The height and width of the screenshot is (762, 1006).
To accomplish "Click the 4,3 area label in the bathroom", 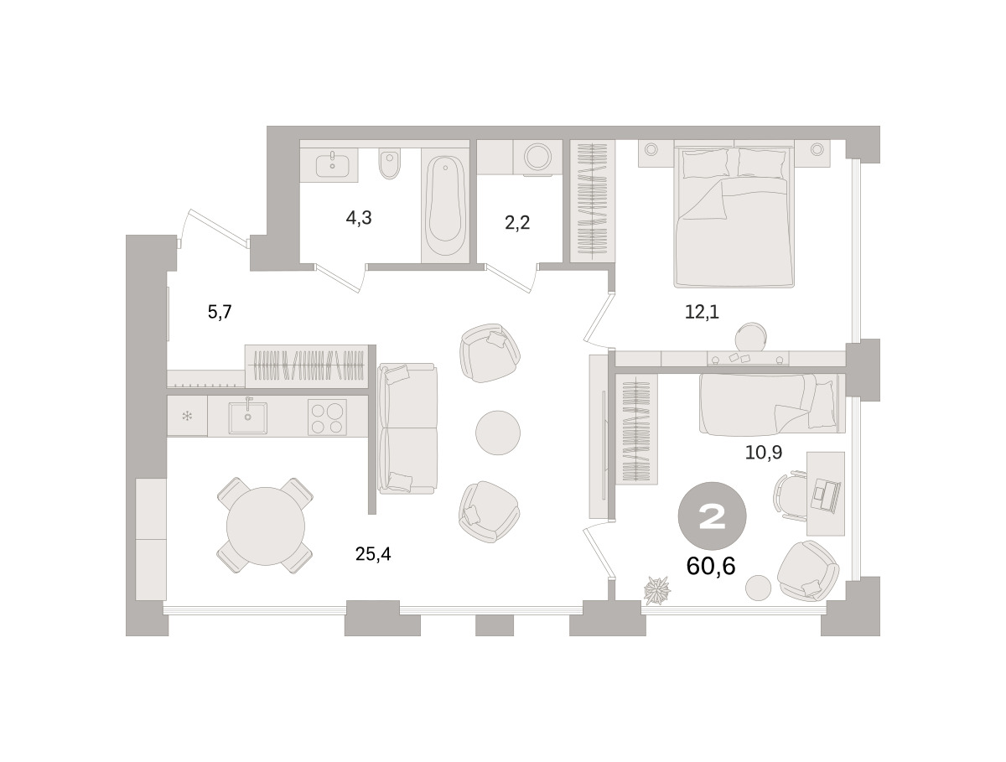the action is (x=359, y=219).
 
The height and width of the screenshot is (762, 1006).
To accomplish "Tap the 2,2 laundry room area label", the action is (x=517, y=223).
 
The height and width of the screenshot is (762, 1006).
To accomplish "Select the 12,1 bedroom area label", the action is (x=702, y=312).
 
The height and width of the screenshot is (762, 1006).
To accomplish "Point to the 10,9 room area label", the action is (x=764, y=452).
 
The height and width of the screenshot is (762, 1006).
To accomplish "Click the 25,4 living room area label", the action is (x=373, y=554).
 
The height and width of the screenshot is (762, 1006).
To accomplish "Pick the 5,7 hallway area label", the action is (x=220, y=313).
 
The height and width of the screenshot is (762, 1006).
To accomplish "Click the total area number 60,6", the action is (x=711, y=567).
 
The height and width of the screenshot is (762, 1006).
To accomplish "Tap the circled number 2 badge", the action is (x=713, y=516).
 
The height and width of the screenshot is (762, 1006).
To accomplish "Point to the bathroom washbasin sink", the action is (x=333, y=165).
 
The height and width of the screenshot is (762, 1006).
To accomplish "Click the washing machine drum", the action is (x=537, y=157).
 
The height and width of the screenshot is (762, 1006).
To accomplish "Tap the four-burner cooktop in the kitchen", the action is (x=327, y=417).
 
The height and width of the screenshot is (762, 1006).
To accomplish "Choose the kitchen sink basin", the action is (x=248, y=417).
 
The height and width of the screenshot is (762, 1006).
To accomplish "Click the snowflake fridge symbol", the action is (x=187, y=416).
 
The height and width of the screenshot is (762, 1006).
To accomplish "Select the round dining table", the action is (x=266, y=526).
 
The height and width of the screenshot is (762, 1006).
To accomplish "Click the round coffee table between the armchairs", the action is (x=498, y=433).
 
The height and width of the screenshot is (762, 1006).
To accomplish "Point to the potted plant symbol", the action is (x=656, y=590).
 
